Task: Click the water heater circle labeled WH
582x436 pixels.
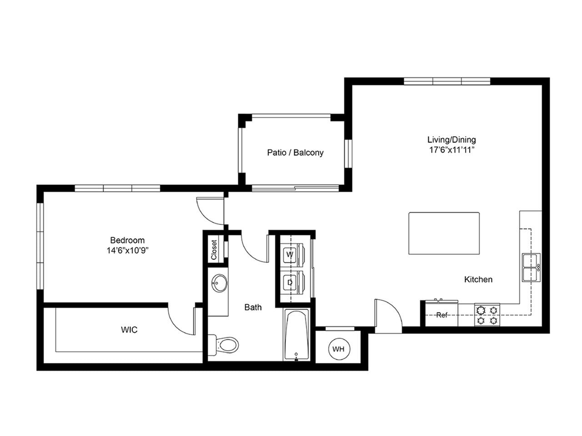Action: click(x=338, y=349)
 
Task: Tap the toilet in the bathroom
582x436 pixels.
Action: click(x=225, y=345)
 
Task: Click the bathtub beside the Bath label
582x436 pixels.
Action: click(x=296, y=335)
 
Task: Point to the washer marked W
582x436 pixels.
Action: click(x=290, y=255)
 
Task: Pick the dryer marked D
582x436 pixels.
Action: click(x=290, y=282)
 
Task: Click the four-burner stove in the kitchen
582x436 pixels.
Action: click(x=487, y=315)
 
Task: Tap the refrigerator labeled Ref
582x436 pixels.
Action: click(x=442, y=315)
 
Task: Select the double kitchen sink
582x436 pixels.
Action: click(x=531, y=268)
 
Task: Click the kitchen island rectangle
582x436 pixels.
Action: click(x=444, y=233)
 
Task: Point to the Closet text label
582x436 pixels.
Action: click(x=214, y=250)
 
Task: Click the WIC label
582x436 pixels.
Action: click(x=129, y=330)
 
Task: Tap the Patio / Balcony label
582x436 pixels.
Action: click(x=295, y=153)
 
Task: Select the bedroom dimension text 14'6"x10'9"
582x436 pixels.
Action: click(x=127, y=250)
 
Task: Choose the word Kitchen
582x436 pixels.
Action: click(x=478, y=279)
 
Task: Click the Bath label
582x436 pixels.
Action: click(x=253, y=307)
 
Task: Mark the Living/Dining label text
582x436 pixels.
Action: click(x=452, y=139)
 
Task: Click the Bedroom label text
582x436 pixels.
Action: click(x=127, y=240)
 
